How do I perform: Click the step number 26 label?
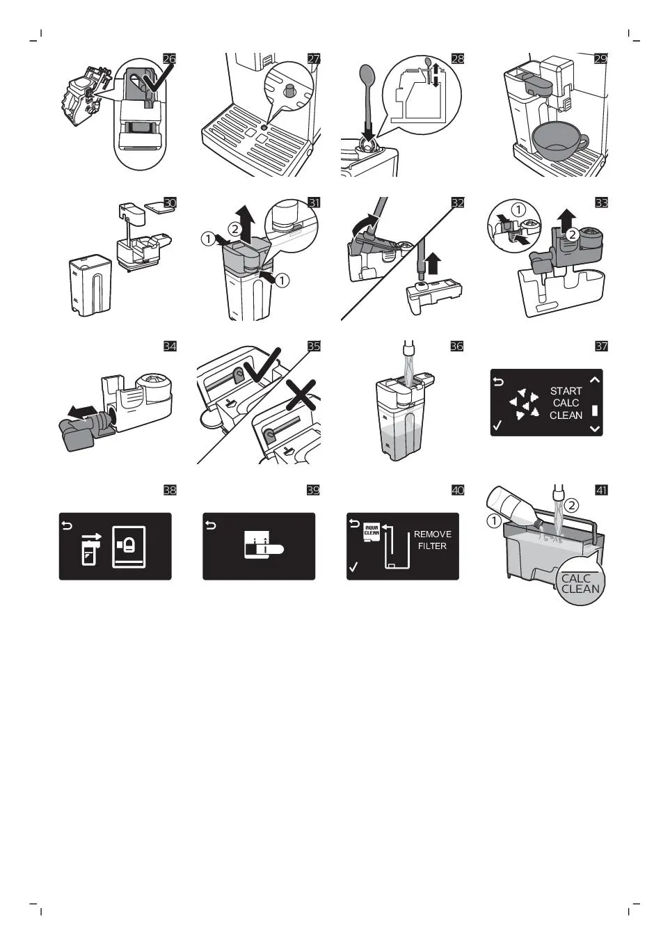click(169, 58)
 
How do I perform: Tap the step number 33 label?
click(601, 202)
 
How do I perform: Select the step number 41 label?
click(601, 490)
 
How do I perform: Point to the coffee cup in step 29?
click(560, 144)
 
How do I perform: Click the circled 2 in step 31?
click(235, 230)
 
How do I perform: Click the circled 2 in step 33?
click(572, 234)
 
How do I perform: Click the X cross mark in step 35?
click(301, 395)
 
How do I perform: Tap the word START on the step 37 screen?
click(566, 391)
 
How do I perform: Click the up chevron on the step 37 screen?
click(595, 380)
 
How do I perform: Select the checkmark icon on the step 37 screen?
click(497, 424)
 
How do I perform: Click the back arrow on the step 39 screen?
click(211, 525)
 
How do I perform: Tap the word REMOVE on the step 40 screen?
click(433, 534)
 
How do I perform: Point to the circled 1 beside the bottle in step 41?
click(494, 521)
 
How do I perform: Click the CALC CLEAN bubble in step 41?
click(580, 582)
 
